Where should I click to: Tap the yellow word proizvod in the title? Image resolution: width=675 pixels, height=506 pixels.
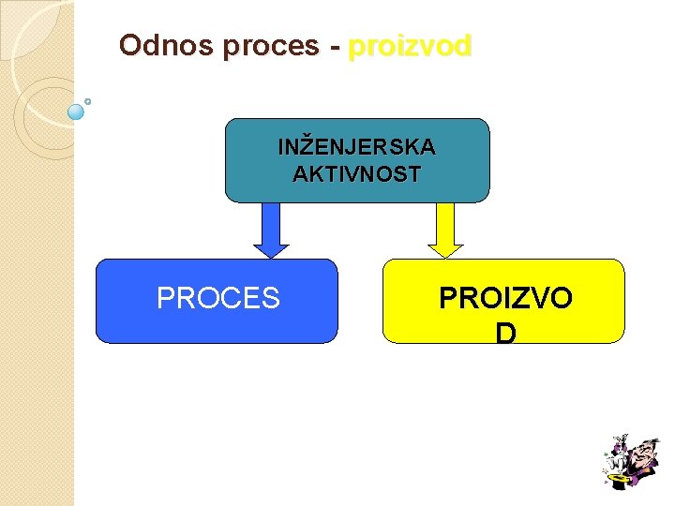pos(410,47)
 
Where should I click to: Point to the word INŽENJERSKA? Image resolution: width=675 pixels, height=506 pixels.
pos(356,147)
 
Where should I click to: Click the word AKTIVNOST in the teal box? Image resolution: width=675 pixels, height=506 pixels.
pos(356,174)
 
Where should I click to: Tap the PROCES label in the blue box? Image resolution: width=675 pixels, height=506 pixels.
pos(217,298)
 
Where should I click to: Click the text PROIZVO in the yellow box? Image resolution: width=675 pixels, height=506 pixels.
pos(505,298)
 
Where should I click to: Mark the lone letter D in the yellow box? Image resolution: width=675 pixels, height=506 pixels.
pos(505,333)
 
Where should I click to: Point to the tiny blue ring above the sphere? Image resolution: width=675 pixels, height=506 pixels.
pos(87,100)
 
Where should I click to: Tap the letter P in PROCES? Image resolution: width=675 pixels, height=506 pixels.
pos(166,298)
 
